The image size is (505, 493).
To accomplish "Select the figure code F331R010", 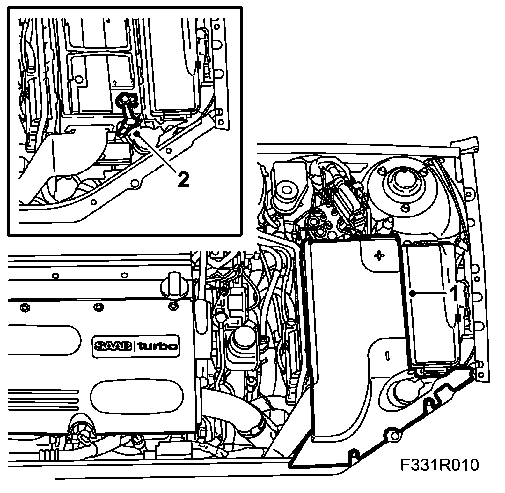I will click(440, 465).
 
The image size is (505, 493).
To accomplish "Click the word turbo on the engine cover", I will click(156, 346).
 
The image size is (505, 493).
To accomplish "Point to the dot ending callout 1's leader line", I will click(413, 293).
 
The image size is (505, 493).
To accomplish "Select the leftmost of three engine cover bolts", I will click(24, 308).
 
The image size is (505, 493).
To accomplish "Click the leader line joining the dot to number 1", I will click(430, 293).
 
